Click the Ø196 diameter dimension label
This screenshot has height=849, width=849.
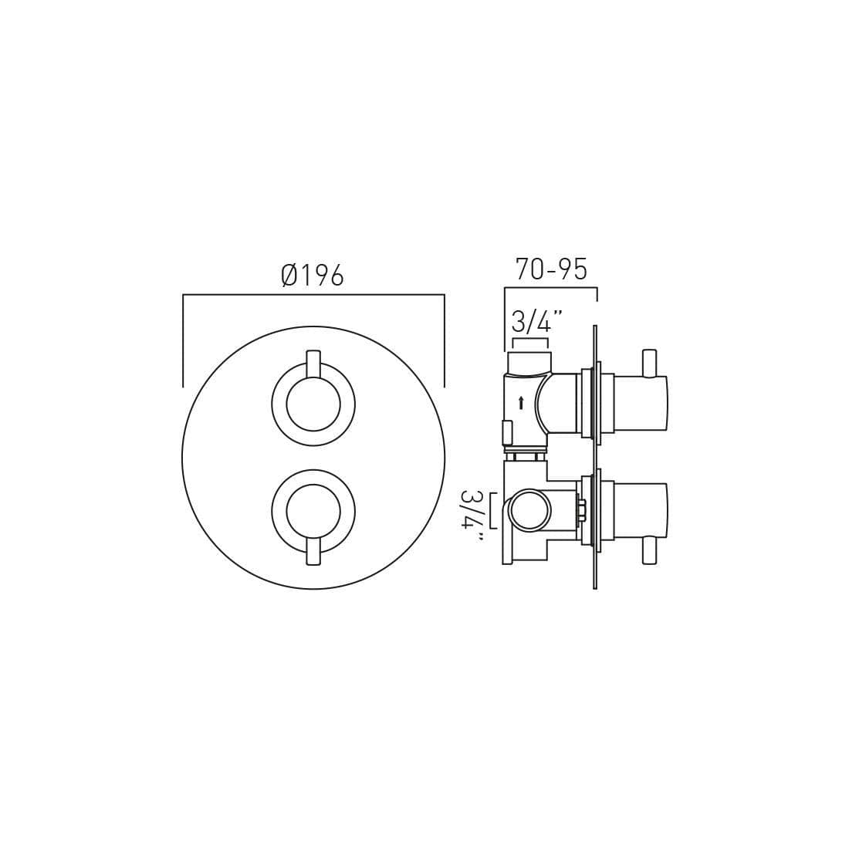(313, 276)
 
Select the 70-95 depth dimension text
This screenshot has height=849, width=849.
(551, 269)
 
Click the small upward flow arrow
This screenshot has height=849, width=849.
(521, 403)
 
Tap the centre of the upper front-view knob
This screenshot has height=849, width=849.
(313, 404)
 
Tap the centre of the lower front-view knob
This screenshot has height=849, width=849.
(313, 512)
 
